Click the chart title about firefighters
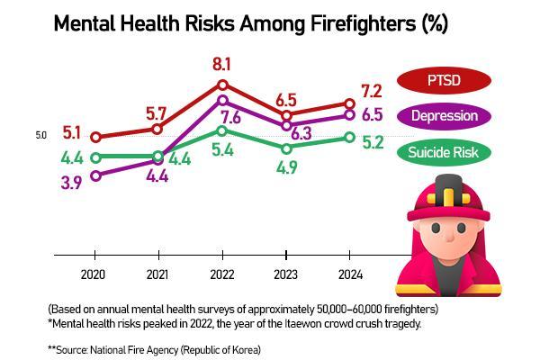(x=250, y=23)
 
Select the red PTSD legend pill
(x=443, y=80)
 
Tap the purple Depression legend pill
(x=443, y=116)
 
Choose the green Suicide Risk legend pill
(x=443, y=152)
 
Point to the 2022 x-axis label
(x=221, y=274)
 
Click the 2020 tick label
(x=94, y=274)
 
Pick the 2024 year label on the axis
(x=349, y=274)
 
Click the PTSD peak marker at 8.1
(x=222, y=85)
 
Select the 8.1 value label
(x=222, y=64)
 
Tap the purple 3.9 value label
(x=73, y=182)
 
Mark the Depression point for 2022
(x=222, y=100)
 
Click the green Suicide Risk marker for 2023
(x=286, y=148)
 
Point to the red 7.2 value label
(x=371, y=91)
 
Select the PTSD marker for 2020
(x=95, y=138)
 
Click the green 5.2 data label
(x=373, y=142)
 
